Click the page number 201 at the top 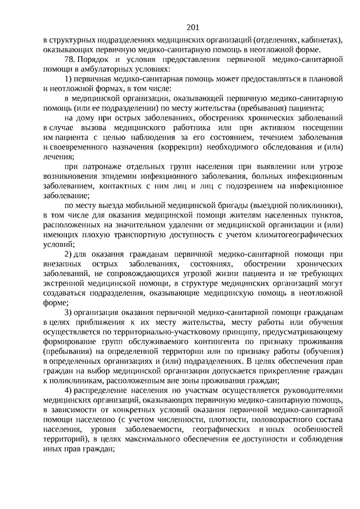[191, 27]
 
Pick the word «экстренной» [63, 283]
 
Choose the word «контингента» [205, 341]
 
